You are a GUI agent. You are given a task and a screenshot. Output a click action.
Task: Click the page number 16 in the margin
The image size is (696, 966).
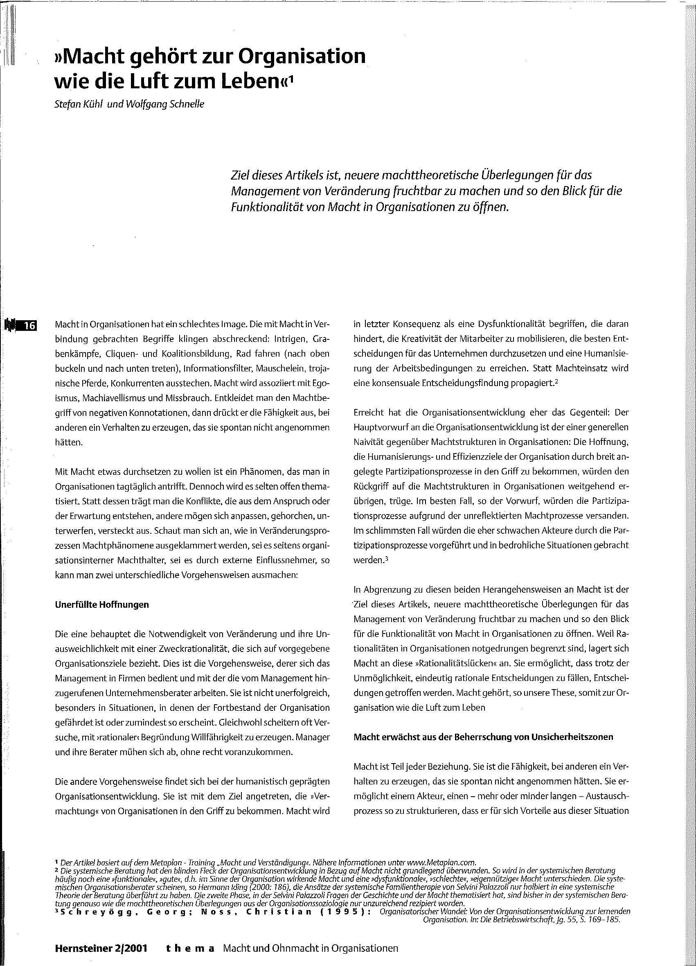tap(30, 326)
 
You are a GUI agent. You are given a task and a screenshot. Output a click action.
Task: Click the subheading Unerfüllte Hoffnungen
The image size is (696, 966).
tap(102, 604)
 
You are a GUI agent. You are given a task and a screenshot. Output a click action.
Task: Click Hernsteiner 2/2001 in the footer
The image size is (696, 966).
tap(101, 948)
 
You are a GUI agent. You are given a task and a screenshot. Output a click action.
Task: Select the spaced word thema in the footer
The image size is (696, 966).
tap(190, 948)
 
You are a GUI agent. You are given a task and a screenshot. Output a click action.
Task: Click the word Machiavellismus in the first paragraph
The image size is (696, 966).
tap(113, 398)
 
